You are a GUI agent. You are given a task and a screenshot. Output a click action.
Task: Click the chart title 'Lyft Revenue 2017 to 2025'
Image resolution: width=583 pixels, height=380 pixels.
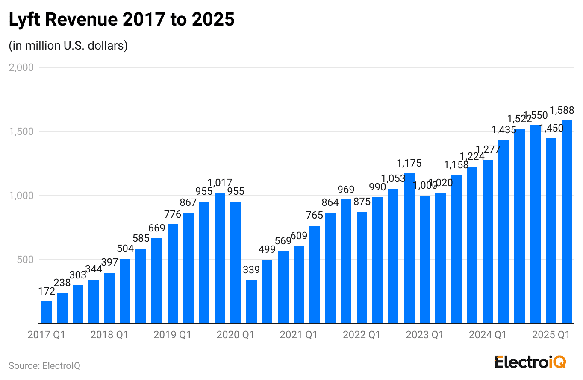[x=122, y=20]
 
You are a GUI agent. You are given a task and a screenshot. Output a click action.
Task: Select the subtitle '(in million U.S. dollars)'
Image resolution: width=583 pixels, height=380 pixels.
[x=68, y=46]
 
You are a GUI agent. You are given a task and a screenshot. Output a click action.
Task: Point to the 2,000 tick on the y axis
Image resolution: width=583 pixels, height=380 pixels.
[x=21, y=67]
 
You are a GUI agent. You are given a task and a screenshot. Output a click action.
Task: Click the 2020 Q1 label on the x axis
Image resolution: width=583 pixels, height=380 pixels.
[x=235, y=335]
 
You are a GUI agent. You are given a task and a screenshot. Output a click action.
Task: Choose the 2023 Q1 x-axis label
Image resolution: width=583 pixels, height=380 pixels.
[x=424, y=335]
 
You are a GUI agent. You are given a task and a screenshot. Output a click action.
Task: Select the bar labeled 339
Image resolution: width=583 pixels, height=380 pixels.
[x=251, y=302]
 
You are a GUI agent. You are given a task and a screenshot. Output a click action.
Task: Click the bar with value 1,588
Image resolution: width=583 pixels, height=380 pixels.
[x=567, y=222]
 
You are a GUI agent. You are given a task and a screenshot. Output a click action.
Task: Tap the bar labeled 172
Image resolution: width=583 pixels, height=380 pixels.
[x=47, y=313]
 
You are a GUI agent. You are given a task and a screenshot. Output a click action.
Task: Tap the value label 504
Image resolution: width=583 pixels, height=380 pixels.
[x=125, y=248]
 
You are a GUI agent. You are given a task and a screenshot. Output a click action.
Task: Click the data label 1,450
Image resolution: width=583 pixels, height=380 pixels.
[x=551, y=128]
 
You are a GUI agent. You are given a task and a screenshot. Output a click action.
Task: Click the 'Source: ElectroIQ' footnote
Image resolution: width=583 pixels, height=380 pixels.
[x=44, y=366]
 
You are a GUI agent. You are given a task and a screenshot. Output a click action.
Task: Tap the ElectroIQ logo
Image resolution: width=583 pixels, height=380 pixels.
[x=530, y=362]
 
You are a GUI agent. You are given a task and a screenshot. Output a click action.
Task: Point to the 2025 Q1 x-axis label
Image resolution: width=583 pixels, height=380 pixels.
[x=551, y=335]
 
